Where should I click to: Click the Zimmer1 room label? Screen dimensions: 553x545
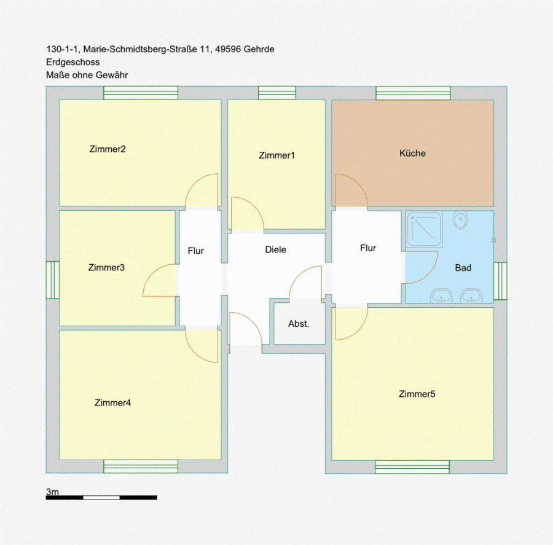pos(276,155)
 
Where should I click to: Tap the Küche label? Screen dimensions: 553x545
pos(412,153)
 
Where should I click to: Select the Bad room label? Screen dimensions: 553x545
pos(463,268)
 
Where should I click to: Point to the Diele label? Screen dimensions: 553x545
pos(275,249)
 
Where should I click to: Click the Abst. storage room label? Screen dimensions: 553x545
pos(299,323)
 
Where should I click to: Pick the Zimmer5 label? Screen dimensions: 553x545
pos(417,394)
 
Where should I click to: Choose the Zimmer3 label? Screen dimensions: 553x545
pos(106,267)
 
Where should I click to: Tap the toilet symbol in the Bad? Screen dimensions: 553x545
pos(460,220)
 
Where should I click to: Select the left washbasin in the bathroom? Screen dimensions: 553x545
pos(441,296)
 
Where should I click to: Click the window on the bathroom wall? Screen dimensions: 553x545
pos(500,281)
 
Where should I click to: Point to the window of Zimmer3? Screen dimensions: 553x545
pos(53,280)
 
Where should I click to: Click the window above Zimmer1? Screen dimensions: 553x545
pos(277,93)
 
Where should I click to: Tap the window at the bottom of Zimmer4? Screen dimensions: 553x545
pos(141,466)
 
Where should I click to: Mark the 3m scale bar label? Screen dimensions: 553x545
pos(53,492)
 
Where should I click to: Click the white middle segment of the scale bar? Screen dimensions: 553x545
pos(101,498)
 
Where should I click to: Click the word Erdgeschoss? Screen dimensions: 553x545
pos(73,62)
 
